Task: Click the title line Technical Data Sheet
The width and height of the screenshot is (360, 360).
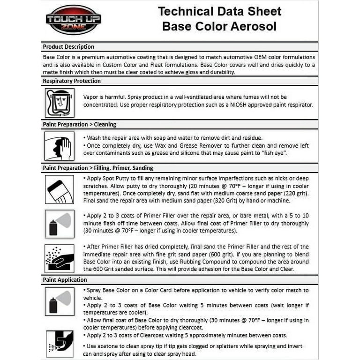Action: tap(219, 11)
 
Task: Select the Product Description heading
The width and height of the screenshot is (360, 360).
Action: tap(68, 47)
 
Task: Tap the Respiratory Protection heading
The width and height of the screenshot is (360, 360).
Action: tap(72, 81)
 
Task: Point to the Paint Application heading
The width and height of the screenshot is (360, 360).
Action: tap(65, 280)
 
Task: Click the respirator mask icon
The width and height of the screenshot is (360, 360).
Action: tap(60, 103)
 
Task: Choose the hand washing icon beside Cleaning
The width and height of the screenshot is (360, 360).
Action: tap(60, 146)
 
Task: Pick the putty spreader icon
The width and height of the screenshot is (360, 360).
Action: tap(60, 189)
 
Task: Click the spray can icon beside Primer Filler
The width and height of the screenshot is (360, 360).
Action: tap(60, 223)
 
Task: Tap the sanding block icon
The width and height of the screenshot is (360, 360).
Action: tap(60, 258)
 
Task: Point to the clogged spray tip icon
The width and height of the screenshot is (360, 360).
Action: tap(60, 344)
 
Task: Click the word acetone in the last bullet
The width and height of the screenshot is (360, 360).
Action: tap(109, 346)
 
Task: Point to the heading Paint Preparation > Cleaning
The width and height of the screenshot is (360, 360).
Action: tap(79, 125)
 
